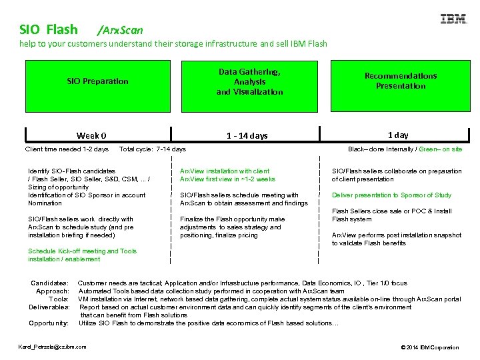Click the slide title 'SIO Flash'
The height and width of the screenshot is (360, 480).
tap(49, 29)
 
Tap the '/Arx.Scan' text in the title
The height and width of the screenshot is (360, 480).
tap(119, 30)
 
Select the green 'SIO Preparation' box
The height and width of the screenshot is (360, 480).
tap(97, 81)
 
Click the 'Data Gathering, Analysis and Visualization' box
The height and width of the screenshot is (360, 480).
tap(249, 81)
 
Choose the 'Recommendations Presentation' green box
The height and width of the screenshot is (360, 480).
tap(400, 81)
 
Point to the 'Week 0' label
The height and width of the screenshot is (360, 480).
tap(91, 135)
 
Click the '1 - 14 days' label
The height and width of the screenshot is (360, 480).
tap(247, 135)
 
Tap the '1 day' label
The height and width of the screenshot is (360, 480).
tap(398, 135)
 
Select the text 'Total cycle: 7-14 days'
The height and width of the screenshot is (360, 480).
tap(152, 149)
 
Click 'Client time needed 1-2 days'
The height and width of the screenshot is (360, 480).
tap(67, 149)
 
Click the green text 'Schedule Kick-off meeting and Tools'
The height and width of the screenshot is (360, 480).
tap(82, 251)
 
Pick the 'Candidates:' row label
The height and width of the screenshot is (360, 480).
tap(49, 283)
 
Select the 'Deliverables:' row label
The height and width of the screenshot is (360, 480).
tap(49, 307)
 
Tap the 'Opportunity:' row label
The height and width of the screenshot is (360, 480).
tap(49, 323)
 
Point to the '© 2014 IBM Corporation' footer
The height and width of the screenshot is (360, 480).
tap(429, 347)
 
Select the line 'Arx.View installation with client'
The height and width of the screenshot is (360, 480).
tap(225, 171)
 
